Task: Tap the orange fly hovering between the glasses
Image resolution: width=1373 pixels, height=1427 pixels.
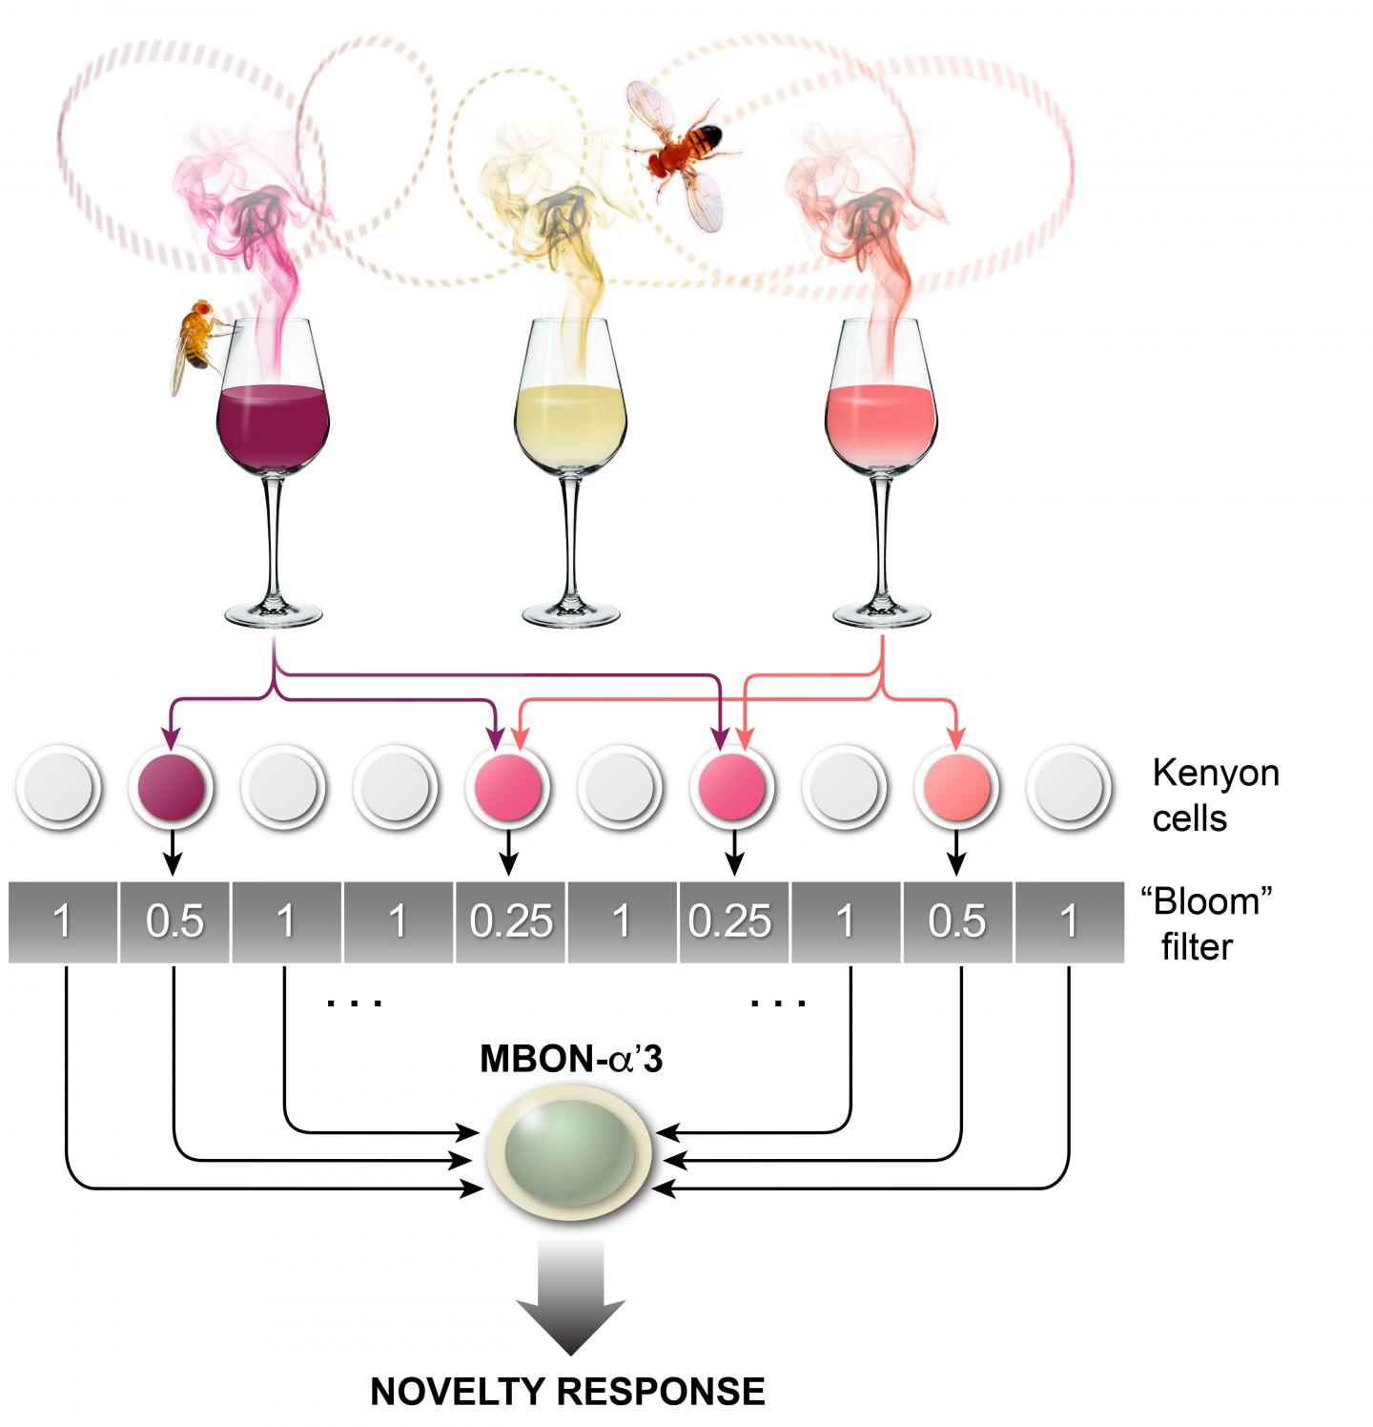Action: pos(684,153)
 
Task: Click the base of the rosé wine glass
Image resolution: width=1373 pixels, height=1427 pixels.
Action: pos(879,612)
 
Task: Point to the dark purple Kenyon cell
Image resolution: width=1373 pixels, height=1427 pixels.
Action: pos(171,786)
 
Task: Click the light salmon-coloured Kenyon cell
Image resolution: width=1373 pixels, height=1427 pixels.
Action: pos(957,786)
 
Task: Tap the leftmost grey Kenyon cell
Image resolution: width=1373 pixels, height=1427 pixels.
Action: pos(59,786)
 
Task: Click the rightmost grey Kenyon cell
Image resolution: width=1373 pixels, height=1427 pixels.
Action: pos(1069,786)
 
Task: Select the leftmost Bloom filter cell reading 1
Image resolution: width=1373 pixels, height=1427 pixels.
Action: pos(62,921)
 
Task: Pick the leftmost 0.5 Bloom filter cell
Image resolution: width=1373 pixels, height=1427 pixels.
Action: pos(174,921)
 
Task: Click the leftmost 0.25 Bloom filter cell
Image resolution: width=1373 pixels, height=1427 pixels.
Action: pos(511,921)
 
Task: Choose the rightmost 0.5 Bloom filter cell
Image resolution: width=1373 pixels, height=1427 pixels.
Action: pos(957,921)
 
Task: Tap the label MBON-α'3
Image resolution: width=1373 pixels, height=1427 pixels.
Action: pos(570,1062)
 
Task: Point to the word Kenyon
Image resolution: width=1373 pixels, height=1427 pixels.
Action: pos(1215,773)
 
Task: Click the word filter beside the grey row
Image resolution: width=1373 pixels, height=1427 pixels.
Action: pos(1196,947)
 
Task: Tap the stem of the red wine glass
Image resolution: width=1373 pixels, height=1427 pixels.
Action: pos(275,534)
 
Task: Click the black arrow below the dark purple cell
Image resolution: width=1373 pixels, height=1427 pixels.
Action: pos(172,852)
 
